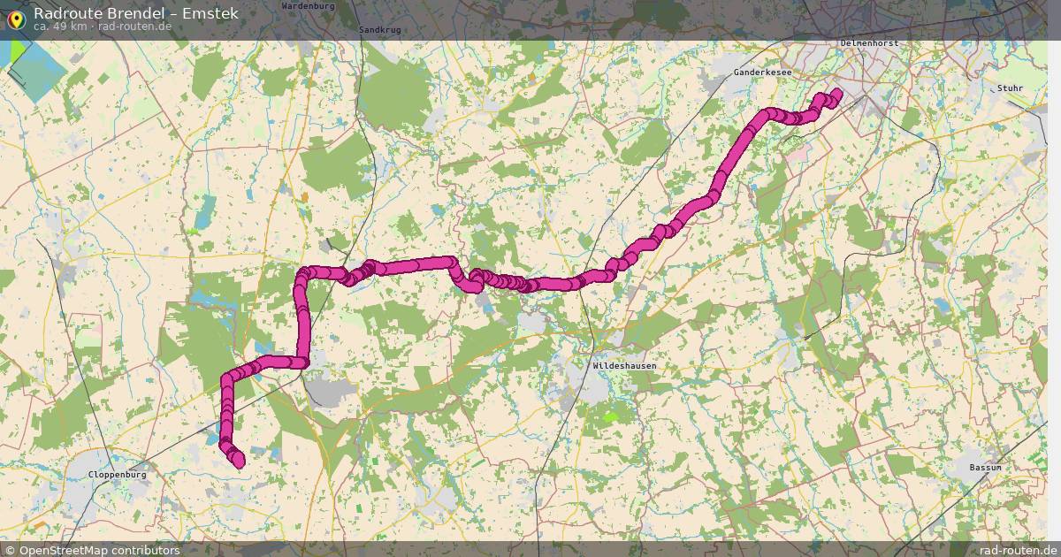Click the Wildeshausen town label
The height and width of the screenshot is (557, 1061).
pyautogui.click(x=625, y=365)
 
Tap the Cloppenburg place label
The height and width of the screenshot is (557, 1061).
pyautogui.click(x=118, y=475)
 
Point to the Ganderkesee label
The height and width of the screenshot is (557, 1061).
pyautogui.click(x=762, y=72)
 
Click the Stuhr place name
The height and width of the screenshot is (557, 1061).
pyautogui.click(x=1009, y=88)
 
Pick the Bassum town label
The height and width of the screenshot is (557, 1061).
pyautogui.click(x=984, y=467)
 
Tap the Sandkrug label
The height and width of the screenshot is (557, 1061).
pyautogui.click(x=380, y=29)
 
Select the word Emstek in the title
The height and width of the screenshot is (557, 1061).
pyautogui.click(x=209, y=13)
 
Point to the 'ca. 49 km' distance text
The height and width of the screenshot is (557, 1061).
pyautogui.click(x=60, y=27)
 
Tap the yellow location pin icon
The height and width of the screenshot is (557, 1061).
pyautogui.click(x=15, y=18)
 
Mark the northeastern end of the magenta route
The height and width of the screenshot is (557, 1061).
pyautogui.click(x=836, y=92)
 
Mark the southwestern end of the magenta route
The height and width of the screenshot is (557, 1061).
pyautogui.click(x=238, y=460)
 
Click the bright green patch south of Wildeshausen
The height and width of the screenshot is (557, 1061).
pyautogui.click(x=610, y=416)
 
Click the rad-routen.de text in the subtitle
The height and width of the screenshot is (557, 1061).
pyautogui.click(x=135, y=27)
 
